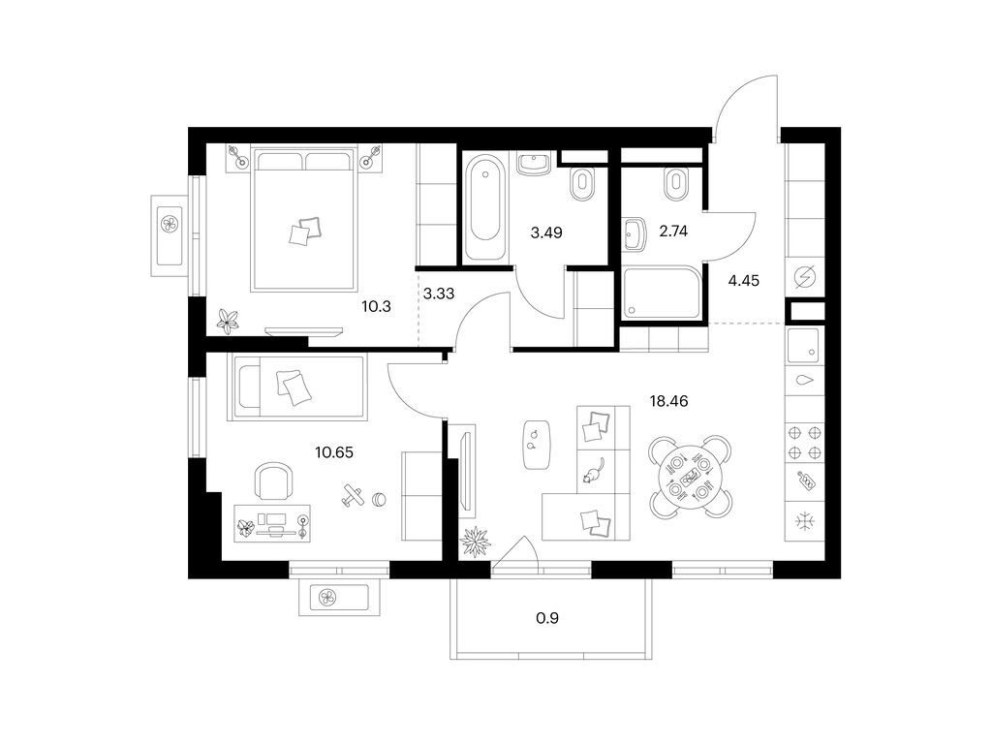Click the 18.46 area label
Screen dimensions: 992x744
(668, 401)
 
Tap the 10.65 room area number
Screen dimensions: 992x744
(334, 452)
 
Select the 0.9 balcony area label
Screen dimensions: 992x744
(547, 618)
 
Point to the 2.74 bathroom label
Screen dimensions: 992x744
(673, 231)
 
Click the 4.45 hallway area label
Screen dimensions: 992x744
(743, 280)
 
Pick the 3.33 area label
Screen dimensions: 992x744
(439, 294)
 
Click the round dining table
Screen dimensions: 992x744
(689, 476)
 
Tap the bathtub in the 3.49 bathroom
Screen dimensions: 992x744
(484, 208)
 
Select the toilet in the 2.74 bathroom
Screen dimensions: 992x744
(675, 184)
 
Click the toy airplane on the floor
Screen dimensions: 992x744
(353, 495)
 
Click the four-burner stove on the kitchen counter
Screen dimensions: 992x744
(805, 443)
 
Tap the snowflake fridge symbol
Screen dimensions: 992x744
(805, 521)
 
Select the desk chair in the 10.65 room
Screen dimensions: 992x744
(273, 480)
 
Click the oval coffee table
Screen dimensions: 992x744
(537, 445)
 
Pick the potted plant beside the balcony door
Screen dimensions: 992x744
(475, 542)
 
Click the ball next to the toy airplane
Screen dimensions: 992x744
(379, 500)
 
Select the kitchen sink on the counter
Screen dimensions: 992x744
(803, 346)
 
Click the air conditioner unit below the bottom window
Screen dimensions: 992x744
(339, 597)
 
